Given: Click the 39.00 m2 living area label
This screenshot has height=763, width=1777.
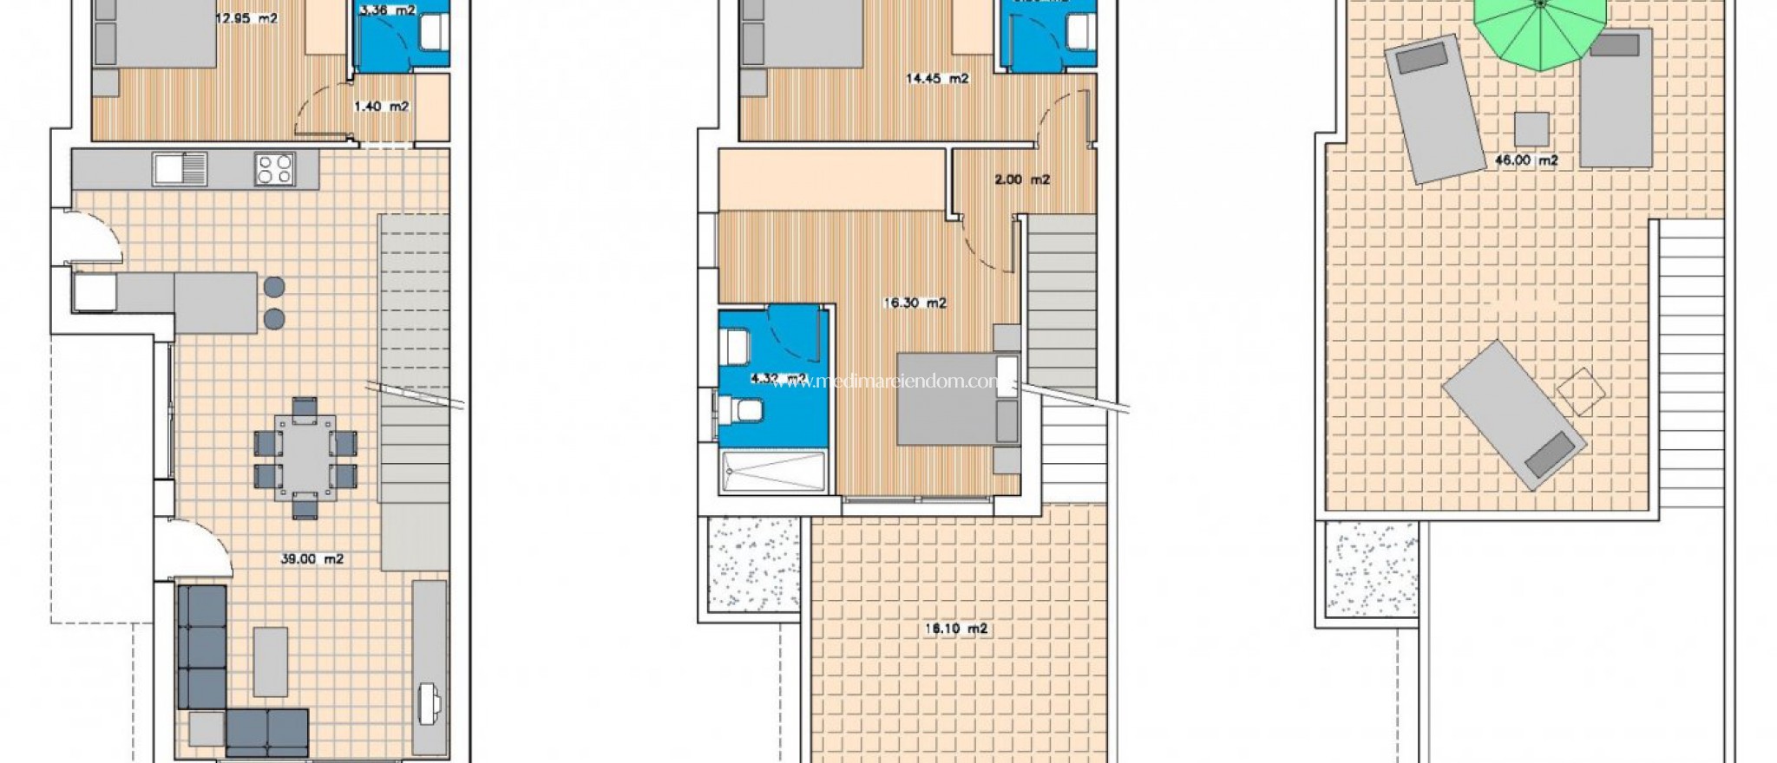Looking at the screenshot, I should click(x=311, y=559).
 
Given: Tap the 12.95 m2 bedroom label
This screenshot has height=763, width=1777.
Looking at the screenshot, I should click(x=246, y=17).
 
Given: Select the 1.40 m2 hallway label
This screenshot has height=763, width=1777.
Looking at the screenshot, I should click(x=381, y=107).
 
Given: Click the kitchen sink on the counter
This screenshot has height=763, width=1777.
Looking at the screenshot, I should click(x=180, y=168).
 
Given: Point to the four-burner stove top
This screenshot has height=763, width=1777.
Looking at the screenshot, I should click(x=275, y=168).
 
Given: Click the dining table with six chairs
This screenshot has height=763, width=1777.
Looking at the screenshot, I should click(x=305, y=457).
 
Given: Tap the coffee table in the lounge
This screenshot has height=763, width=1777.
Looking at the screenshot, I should click(x=271, y=662).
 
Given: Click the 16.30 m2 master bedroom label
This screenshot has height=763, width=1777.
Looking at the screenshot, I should click(x=915, y=303).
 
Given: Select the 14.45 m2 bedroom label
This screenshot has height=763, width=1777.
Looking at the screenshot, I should click(x=936, y=78).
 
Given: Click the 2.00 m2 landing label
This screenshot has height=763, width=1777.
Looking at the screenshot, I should click(x=1021, y=179).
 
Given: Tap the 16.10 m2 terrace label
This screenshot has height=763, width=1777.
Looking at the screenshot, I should click(x=955, y=629).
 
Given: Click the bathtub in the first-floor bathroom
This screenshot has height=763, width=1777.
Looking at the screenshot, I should click(x=772, y=473).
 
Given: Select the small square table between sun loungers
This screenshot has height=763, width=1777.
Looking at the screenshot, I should click(x=1531, y=129).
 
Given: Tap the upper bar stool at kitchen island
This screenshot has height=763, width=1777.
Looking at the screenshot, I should click(x=274, y=286).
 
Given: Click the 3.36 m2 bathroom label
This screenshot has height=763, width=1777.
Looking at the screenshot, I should click(x=387, y=11).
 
